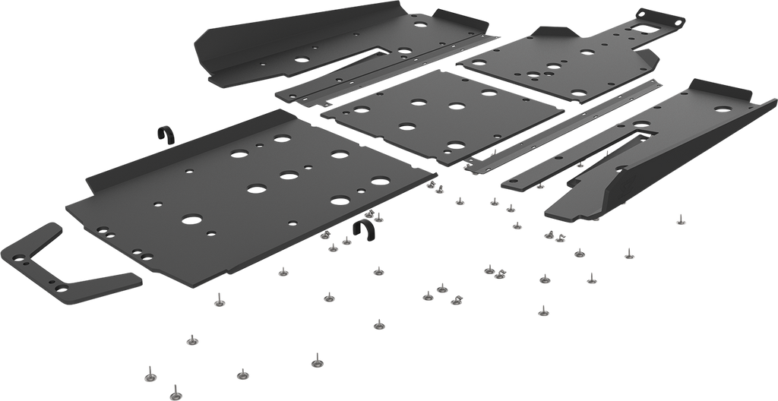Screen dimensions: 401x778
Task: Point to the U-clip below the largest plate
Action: click(367, 231)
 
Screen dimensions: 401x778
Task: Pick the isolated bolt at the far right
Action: click(680, 220)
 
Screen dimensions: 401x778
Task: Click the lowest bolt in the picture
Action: click(175, 390)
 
